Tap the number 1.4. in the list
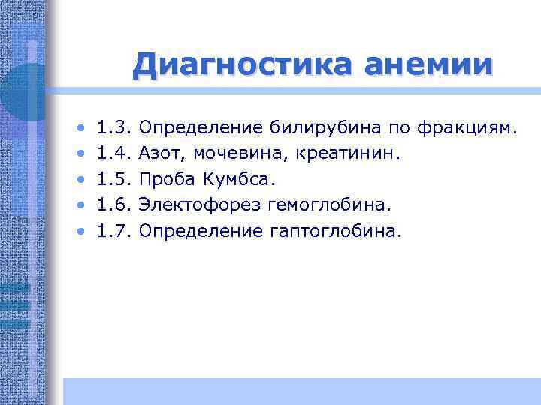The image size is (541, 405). point(115,154)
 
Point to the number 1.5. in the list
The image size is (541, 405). point(115,180)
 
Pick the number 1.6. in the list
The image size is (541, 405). point(115,205)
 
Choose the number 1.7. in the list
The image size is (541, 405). point(115,232)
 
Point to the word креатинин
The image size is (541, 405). point(343,154)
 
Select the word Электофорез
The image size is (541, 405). point(192,206)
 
